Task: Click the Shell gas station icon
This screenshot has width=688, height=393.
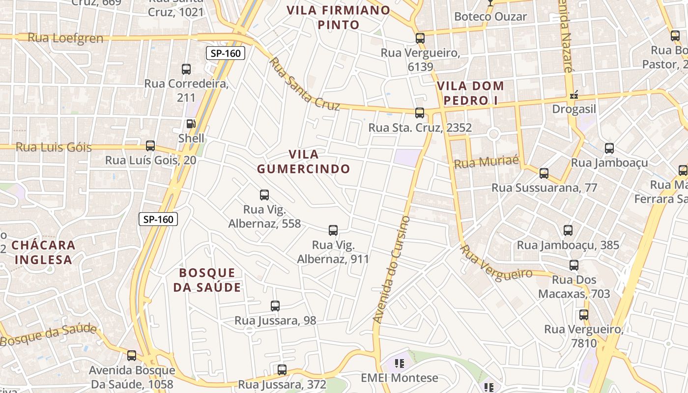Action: pos(191,124)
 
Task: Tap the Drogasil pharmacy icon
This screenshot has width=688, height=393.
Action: pos(573,95)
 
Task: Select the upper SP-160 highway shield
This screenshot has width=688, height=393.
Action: pos(225,53)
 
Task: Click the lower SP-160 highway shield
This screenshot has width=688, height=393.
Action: pos(158,219)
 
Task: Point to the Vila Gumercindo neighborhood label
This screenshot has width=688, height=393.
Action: pos(303,162)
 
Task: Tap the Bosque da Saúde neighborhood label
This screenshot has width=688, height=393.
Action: pos(207,280)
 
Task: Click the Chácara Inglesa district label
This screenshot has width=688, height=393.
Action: pos(43,252)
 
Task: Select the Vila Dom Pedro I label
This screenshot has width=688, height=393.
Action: pos(470,93)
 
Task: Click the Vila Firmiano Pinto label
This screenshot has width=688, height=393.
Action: pos(339,17)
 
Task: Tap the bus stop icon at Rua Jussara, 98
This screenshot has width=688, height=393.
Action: pos(275,306)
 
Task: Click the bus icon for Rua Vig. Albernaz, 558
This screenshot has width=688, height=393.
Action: pos(264,195)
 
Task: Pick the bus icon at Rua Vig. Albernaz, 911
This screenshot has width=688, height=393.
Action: pos(333,230)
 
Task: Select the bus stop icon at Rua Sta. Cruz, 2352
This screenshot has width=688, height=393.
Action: pos(420,113)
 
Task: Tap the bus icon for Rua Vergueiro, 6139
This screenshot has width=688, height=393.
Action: pos(420,38)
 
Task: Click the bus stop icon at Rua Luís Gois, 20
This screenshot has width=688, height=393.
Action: pos(150,146)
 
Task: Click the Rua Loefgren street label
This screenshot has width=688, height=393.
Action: pos(65,38)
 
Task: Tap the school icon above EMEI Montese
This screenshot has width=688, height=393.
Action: pos(399,364)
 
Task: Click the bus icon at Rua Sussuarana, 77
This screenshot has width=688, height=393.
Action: pos(544,173)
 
